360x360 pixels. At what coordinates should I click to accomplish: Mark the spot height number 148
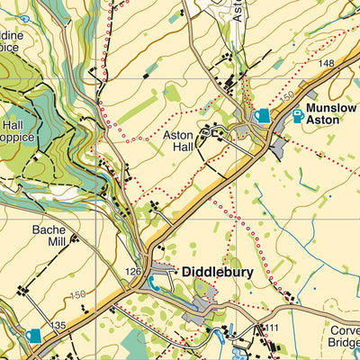(x=325, y=63)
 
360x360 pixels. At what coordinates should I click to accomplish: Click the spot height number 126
(x=134, y=271)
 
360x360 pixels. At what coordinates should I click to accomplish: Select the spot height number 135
(x=58, y=325)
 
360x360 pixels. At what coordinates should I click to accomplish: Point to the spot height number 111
(x=273, y=327)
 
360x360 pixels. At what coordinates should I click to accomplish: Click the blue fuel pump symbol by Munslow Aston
(x=298, y=115)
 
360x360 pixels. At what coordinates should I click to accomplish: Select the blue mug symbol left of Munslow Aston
(x=262, y=115)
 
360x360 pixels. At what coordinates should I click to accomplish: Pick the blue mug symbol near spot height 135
(x=33, y=336)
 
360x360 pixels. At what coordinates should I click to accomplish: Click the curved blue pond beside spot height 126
(x=154, y=283)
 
